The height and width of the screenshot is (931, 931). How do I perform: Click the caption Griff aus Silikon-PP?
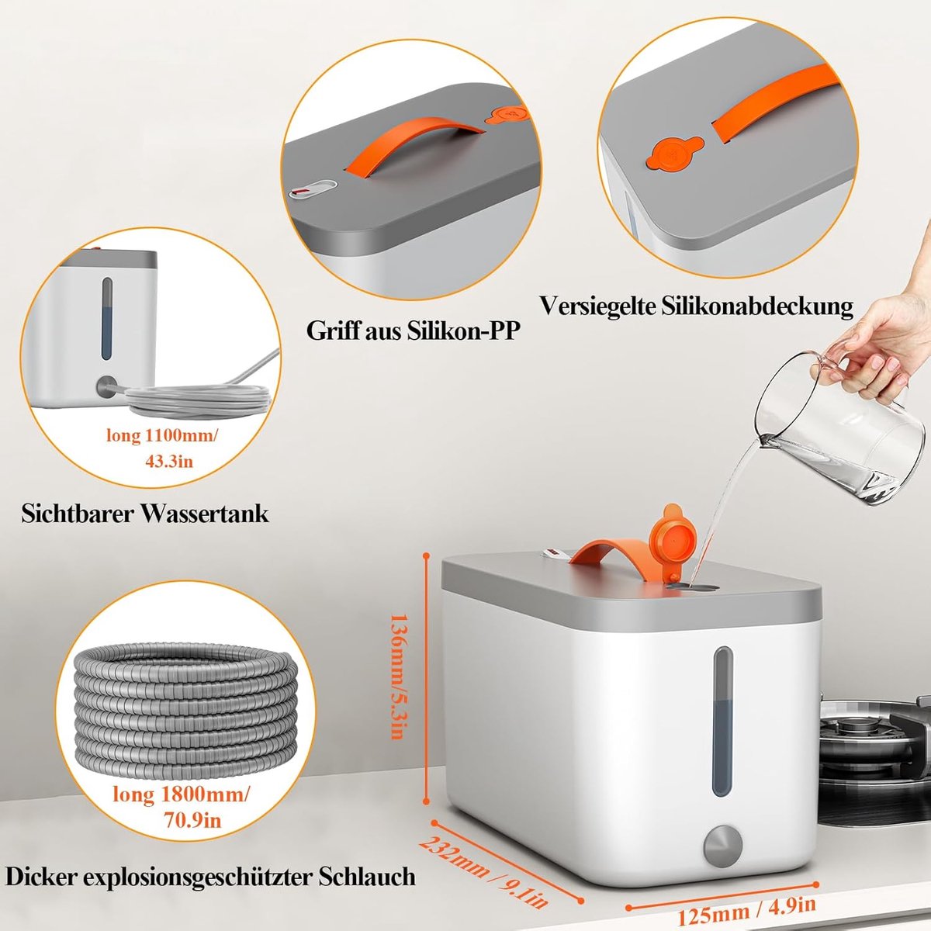click(414, 332)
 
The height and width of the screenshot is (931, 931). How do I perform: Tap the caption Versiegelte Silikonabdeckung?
click(697, 306)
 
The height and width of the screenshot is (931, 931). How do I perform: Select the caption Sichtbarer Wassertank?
click(145, 514)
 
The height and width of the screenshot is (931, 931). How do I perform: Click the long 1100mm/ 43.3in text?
click(162, 449)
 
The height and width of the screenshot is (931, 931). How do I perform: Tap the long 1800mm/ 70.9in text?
click(182, 807)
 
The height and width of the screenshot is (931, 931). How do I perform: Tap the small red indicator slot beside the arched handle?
click(313, 189)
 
